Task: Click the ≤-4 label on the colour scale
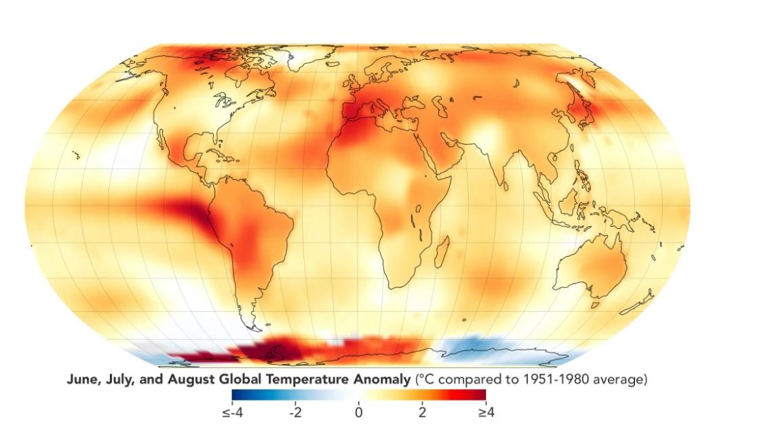coord(233,412)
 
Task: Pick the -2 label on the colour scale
coord(295,412)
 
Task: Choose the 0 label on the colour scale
coord(358,412)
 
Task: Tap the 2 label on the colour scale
coord(422,412)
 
